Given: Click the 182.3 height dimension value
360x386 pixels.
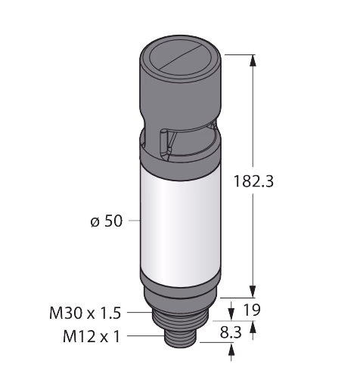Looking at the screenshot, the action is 253,181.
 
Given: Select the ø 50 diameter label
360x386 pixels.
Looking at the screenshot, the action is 107,221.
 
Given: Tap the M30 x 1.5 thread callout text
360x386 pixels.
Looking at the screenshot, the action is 85,313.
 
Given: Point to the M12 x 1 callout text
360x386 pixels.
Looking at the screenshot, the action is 92,336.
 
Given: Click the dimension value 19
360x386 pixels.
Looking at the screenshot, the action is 252,310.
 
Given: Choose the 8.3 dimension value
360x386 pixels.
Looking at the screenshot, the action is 231,332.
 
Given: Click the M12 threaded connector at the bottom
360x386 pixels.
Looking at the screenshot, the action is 180,338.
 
